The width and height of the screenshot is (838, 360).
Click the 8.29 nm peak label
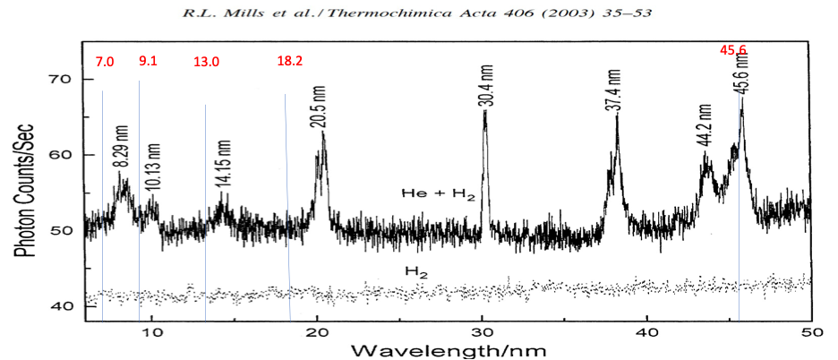(122, 153)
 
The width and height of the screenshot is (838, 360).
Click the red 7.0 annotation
(105, 61)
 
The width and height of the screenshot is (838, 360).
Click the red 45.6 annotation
(733, 51)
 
